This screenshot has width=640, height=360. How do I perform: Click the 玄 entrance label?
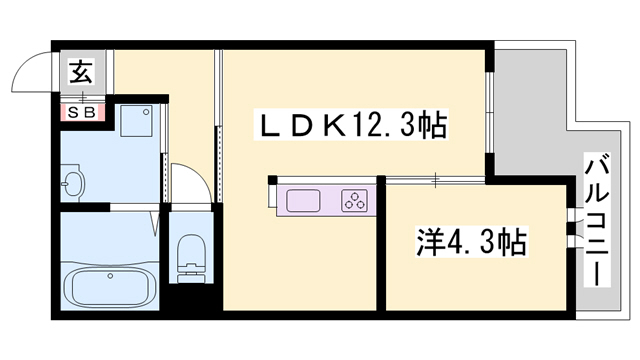click(80, 72)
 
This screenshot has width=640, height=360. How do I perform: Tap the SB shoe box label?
click(80, 112)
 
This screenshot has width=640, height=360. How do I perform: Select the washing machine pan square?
click(135, 122)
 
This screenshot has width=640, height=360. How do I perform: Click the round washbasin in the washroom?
click(72, 184)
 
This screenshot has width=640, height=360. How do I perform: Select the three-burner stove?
click(355, 199)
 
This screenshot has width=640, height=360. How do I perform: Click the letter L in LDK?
click(271, 127)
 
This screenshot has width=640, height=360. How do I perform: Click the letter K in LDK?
click(335, 127)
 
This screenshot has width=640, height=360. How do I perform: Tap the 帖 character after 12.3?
click(432, 127)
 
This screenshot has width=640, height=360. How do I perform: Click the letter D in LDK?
click(303, 127)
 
